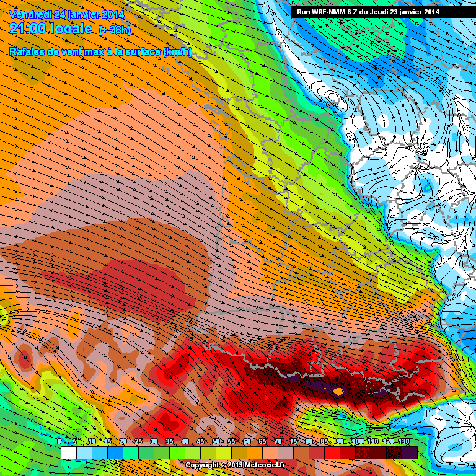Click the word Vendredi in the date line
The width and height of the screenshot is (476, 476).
tap(31, 14)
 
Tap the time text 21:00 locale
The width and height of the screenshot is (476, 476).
tap(51, 29)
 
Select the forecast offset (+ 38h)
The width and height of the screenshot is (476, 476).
tap(115, 30)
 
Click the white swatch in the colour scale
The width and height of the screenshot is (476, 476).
tap(69, 453)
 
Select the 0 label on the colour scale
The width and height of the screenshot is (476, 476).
tap(59, 441)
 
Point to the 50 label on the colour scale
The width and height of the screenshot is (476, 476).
tap(215, 441)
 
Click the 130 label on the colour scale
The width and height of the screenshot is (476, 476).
tap(403, 441)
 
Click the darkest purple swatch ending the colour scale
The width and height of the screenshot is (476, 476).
tap(410, 453)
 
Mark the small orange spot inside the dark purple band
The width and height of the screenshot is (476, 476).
tap(338, 392)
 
